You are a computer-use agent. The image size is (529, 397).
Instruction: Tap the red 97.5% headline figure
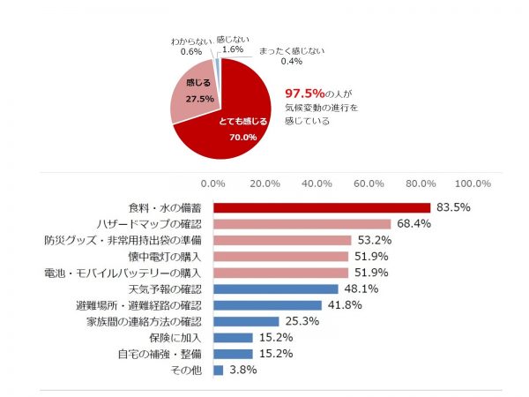coord(304,93)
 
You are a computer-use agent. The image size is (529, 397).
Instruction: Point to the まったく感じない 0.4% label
coord(291,56)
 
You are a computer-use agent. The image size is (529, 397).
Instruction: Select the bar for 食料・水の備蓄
coord(321,207)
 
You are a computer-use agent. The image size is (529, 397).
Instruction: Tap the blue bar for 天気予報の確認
coord(275,288)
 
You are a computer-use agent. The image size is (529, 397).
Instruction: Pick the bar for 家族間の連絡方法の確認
coord(246,321)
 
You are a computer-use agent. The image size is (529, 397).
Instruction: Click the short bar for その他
coord(218,370)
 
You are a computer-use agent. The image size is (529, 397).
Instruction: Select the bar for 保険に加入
coord(233,337)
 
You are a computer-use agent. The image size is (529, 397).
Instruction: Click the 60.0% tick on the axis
coord(369,184)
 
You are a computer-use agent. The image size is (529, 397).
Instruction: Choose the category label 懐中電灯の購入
coord(166,256)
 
